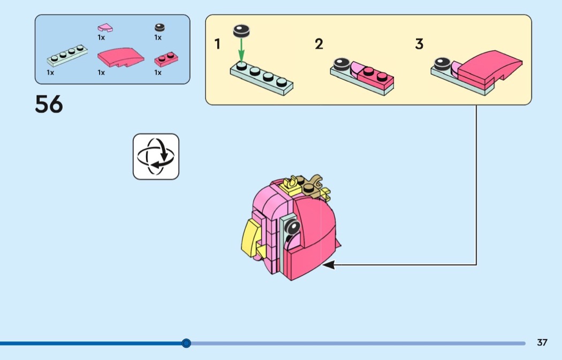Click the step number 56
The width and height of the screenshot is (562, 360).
[x=49, y=104]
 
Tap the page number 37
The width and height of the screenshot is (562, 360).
[x=542, y=342]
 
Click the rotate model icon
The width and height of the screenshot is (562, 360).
[x=156, y=156]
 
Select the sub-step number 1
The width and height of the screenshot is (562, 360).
[x=217, y=44]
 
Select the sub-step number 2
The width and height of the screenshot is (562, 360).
[x=319, y=44]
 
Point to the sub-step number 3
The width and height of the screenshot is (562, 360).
[x=419, y=44]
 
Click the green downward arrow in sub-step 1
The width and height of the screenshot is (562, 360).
[x=241, y=51]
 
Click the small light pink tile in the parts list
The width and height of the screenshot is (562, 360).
[x=105, y=27]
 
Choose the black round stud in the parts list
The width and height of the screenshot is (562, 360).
[x=159, y=27]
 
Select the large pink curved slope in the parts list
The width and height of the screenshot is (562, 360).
[x=120, y=57]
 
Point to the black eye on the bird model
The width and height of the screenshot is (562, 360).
[x=293, y=229]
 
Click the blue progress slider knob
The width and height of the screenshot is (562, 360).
[x=186, y=343]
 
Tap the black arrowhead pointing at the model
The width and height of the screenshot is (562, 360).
[x=328, y=264]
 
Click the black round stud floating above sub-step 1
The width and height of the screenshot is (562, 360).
[x=241, y=31]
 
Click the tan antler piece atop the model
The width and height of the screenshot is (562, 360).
[x=316, y=185]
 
